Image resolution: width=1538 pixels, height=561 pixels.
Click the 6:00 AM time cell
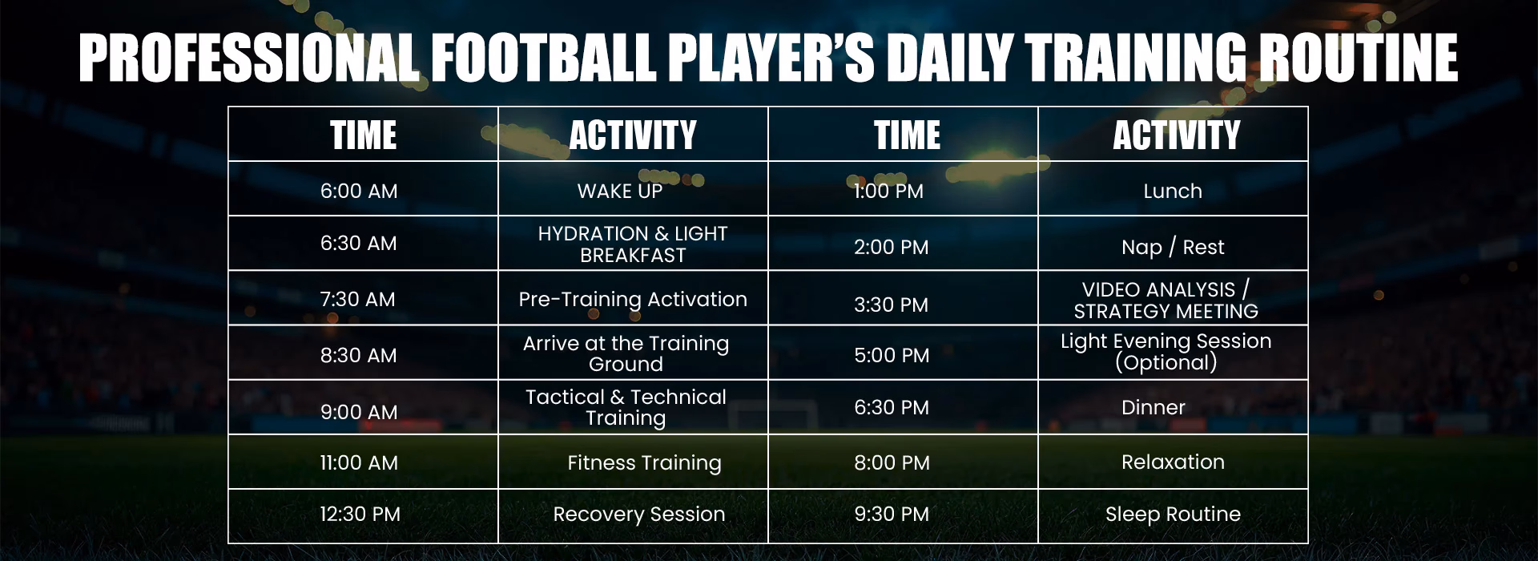point(359,191)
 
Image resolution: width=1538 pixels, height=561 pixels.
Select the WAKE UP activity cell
point(620,191)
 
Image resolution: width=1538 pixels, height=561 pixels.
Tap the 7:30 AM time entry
point(357,299)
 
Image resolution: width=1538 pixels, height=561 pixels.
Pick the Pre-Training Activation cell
point(632,299)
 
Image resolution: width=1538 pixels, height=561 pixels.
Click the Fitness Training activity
point(644,462)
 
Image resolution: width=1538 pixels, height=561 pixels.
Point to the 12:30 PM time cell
point(360,514)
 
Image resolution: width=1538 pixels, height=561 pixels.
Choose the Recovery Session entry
point(638,514)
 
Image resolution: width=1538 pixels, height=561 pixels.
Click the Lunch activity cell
point(1172,191)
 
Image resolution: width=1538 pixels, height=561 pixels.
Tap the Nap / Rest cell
point(1172,247)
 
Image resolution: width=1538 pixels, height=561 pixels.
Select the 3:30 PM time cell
point(891,305)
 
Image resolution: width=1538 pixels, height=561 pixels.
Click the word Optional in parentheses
point(1166,363)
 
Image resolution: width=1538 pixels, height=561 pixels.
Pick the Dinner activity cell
point(1153,407)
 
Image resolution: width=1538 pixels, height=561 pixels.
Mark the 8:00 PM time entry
point(892,462)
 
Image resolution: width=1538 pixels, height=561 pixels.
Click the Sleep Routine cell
point(1172,514)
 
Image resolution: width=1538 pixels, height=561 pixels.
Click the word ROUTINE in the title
point(1357,59)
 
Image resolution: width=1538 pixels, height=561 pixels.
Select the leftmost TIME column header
point(363,135)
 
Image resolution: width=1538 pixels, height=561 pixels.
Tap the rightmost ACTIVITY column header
point(1176,135)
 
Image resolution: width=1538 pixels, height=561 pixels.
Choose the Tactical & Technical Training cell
point(626,407)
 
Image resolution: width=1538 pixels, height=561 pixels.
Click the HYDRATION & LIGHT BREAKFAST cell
point(632,244)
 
